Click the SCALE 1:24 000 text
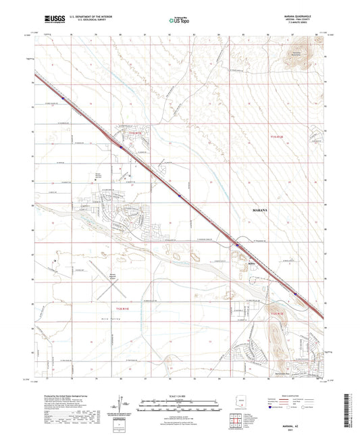tap(180, 395)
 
